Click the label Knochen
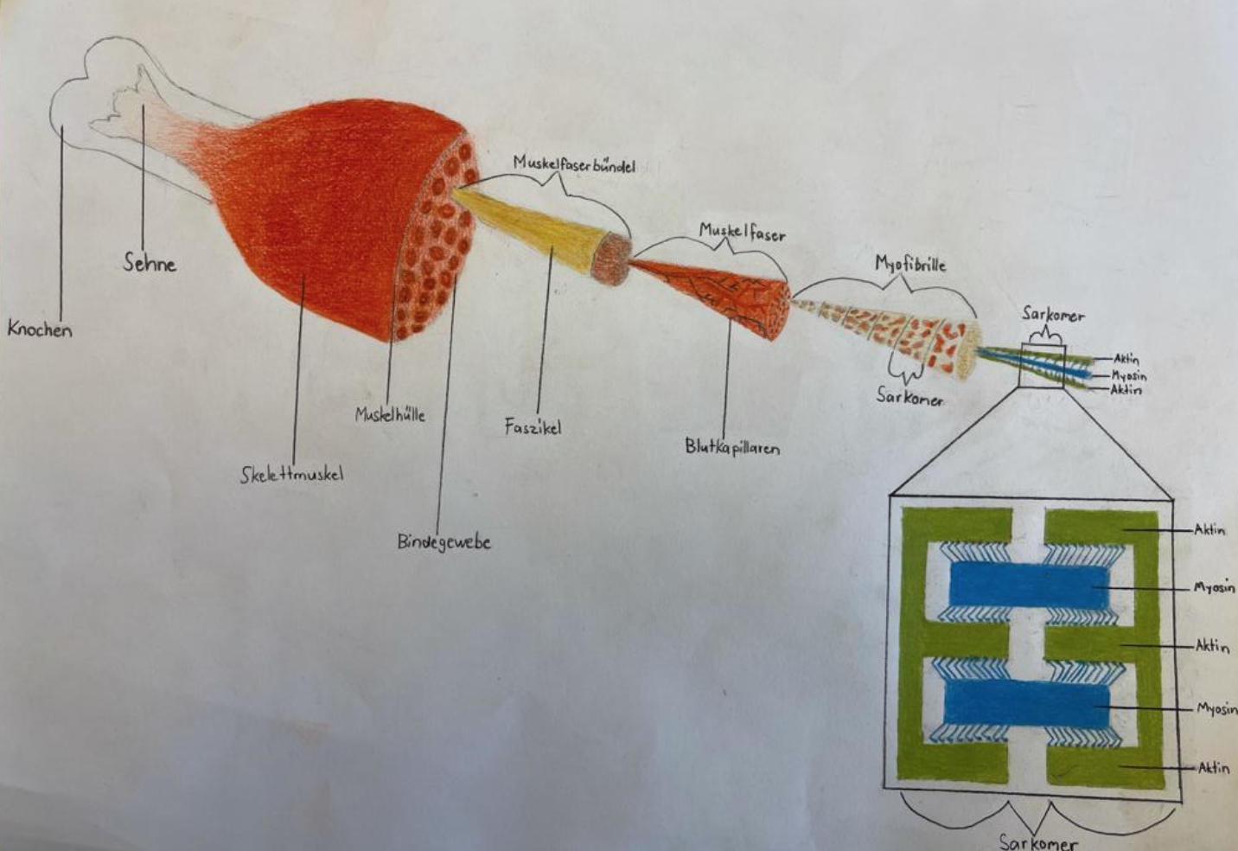(40, 329)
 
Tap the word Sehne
(150, 263)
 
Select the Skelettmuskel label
(291, 474)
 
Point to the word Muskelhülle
(390, 414)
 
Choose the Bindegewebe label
(444, 542)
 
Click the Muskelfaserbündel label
(574, 163)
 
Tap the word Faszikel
(533, 426)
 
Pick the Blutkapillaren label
(732, 447)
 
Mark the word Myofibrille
(910, 264)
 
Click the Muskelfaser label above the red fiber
(742, 231)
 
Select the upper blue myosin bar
(1029, 585)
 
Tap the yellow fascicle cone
(536, 228)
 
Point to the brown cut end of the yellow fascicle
(612, 258)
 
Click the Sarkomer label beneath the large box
(1038, 841)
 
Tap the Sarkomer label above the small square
(1053, 314)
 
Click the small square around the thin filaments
(1042, 366)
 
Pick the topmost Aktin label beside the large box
(1209, 529)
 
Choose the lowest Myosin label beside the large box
(1216, 708)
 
